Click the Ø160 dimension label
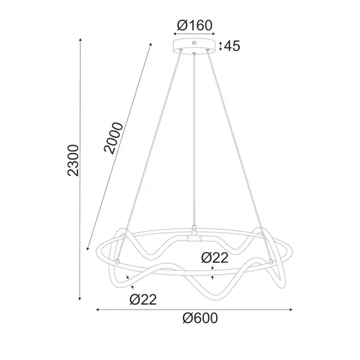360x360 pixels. [195, 26]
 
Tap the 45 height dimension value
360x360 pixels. [232, 46]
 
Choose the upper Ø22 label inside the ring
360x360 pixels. [214, 257]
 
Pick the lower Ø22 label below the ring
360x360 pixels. [143, 299]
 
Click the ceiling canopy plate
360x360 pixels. [194, 46]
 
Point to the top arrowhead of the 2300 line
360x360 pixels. [81, 39]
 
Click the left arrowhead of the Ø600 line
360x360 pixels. [97, 309]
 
